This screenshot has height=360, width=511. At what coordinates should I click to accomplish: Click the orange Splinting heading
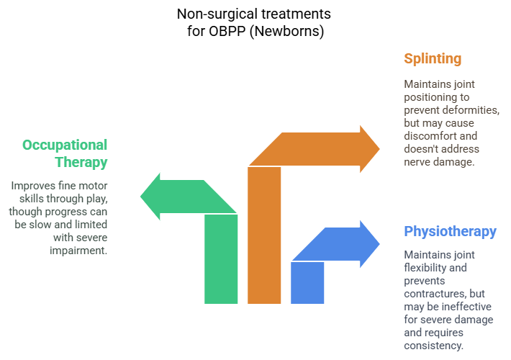tap(433, 59)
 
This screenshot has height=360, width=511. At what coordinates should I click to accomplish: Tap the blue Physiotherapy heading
tap(450, 231)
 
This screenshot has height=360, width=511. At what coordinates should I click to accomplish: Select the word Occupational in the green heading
tap(65, 145)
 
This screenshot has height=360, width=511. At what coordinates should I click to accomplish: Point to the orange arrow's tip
tap(378, 147)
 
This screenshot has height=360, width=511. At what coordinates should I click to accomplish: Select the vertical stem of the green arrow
tap(221, 259)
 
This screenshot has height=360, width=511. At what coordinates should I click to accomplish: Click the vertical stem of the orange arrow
tap(264, 238)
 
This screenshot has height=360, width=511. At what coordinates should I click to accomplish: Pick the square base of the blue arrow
tap(307, 282)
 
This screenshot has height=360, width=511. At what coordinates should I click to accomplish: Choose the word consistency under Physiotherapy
tap(437, 346)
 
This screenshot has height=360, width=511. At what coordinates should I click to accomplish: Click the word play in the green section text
tap(95, 199)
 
